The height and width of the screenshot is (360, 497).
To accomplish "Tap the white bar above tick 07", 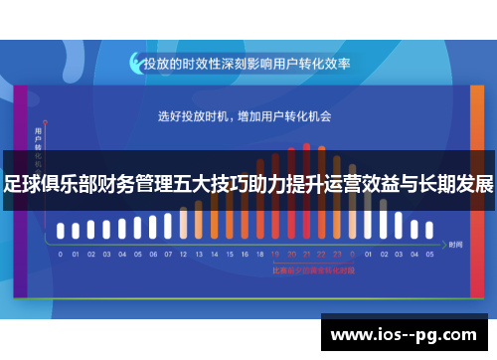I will [x=168, y=227].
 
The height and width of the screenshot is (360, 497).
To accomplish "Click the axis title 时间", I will [x=455, y=244].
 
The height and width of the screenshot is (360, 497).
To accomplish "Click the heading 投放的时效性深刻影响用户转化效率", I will [x=248, y=63].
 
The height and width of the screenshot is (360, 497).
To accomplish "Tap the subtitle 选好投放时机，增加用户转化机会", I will [x=245, y=116].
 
